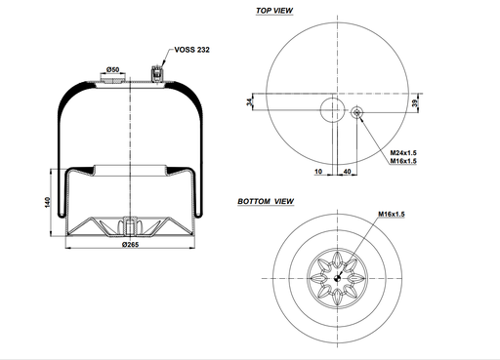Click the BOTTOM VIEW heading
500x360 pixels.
(x=267, y=201)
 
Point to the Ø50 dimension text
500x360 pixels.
(x=112, y=69)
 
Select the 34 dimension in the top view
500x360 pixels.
(x=249, y=102)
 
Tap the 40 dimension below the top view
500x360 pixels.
(x=348, y=171)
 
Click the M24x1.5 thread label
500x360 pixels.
(x=403, y=153)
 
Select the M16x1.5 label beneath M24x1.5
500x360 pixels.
(x=403, y=162)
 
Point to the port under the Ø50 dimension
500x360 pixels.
(x=112, y=82)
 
